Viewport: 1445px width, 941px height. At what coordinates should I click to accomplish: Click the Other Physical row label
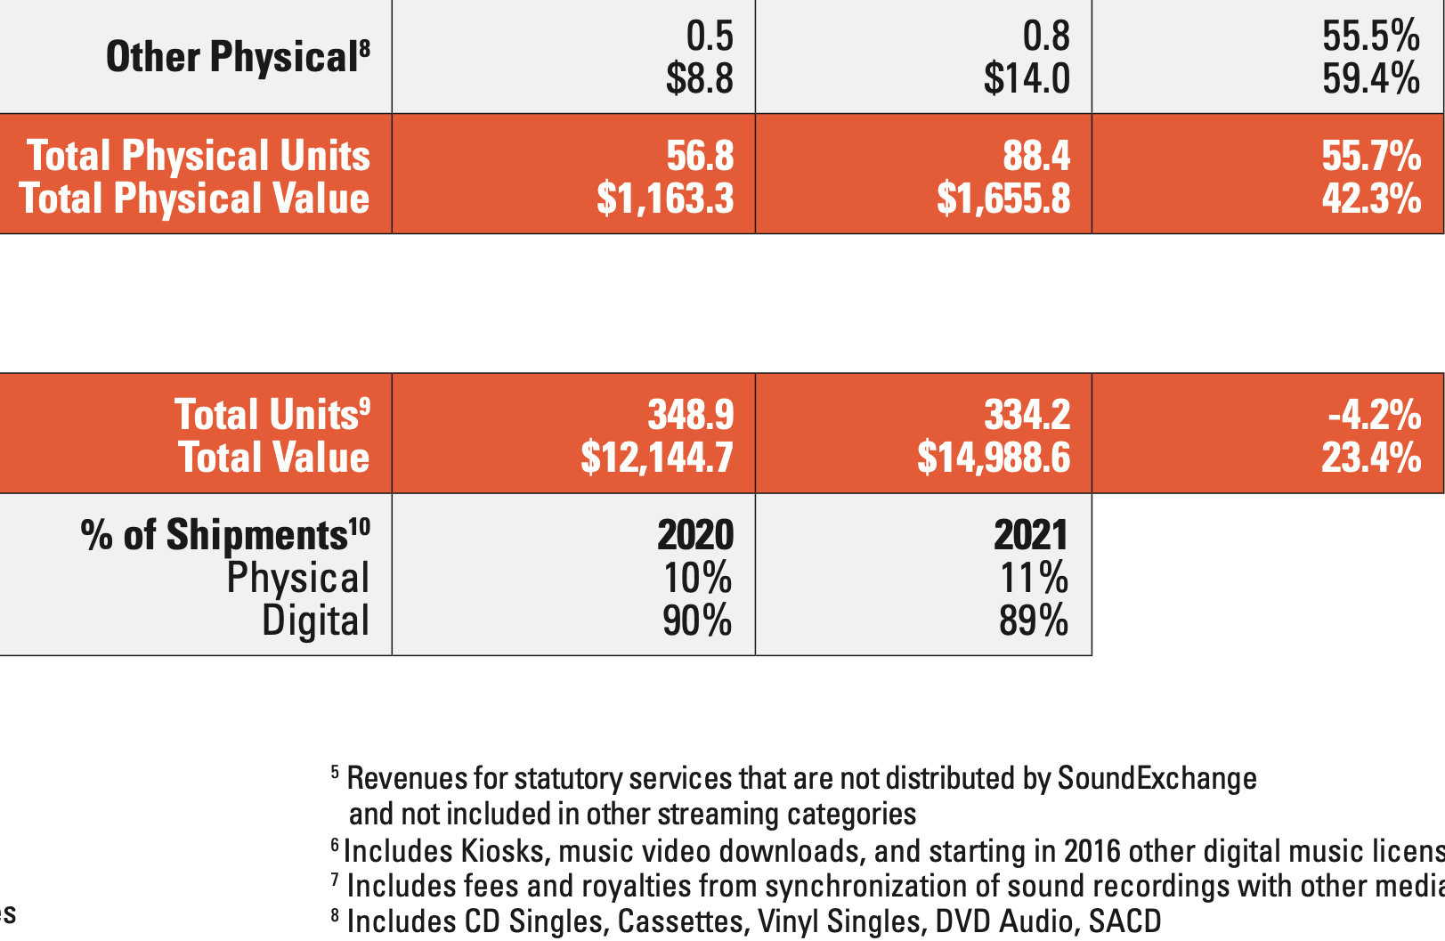coord(237,58)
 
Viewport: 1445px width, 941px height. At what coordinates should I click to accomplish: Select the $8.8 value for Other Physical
coord(700,78)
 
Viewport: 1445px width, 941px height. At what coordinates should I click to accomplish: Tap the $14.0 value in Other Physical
coord(1027,78)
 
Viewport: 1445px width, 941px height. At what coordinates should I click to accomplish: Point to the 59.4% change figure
coord(1371,78)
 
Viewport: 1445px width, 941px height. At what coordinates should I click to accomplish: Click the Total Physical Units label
coord(199,156)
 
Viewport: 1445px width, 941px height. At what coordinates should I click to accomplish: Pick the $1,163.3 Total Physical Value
coord(665,198)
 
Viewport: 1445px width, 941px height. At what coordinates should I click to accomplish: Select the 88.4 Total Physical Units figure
coord(1036,156)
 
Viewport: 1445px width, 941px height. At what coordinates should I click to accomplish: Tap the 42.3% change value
coord(1371,198)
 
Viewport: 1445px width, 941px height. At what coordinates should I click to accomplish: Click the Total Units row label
coord(272,415)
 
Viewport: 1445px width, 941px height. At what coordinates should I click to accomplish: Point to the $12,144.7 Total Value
coord(657,458)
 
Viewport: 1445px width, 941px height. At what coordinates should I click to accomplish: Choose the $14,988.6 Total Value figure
coord(994,458)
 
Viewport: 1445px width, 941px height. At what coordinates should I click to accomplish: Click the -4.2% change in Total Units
coord(1374,415)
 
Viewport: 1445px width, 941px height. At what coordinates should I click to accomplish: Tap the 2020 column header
coord(695,535)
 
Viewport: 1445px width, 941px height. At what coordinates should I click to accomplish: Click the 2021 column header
coord(1031,535)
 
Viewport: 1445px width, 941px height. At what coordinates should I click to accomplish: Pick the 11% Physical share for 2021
coord(1034,578)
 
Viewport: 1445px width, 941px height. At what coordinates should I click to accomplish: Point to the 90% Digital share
coord(697,621)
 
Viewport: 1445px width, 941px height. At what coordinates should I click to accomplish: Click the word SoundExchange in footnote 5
coord(1157,779)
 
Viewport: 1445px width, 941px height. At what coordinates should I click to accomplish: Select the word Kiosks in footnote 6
coord(502,852)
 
